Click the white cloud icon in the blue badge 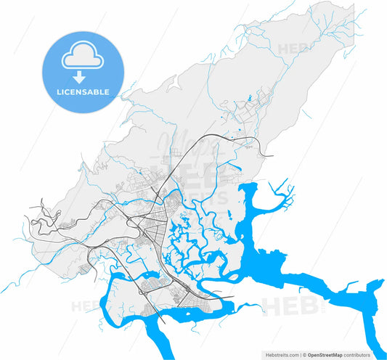pos(83,57)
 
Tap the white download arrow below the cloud pos(83,75)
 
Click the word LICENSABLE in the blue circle pos(83,92)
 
